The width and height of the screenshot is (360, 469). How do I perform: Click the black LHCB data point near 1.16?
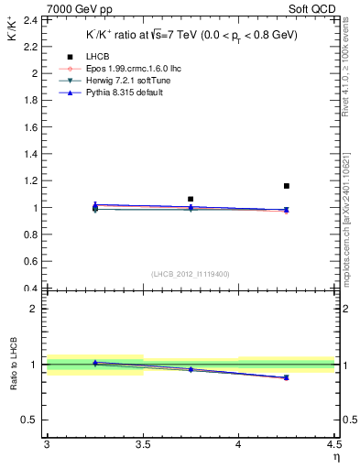click(287, 186)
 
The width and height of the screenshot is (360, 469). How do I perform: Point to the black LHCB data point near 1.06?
click(191, 199)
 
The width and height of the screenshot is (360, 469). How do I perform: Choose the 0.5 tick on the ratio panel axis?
click(32, 420)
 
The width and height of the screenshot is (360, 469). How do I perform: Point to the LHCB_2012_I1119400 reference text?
click(191, 274)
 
